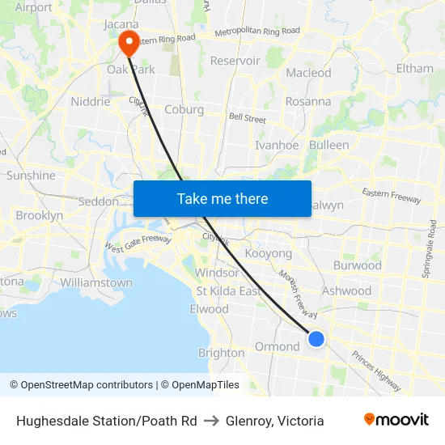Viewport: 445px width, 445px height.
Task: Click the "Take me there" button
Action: (222, 199)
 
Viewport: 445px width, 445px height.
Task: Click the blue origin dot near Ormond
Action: (316, 339)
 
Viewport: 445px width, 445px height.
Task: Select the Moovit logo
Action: (396, 420)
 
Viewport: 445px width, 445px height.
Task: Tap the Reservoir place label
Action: (235, 61)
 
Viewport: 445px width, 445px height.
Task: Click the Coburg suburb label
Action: (184, 110)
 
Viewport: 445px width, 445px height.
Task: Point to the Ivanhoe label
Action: (277, 146)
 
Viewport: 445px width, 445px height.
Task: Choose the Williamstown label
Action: (96, 283)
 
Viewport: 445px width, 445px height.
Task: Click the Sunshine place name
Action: (31, 176)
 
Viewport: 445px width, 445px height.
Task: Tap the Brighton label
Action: (221, 353)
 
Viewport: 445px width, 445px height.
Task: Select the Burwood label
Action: (357, 265)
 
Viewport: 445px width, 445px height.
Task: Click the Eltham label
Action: (415, 69)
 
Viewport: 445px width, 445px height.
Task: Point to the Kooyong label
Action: (268, 254)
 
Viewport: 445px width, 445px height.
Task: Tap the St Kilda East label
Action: (228, 291)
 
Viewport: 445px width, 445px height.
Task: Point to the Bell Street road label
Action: (247, 119)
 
